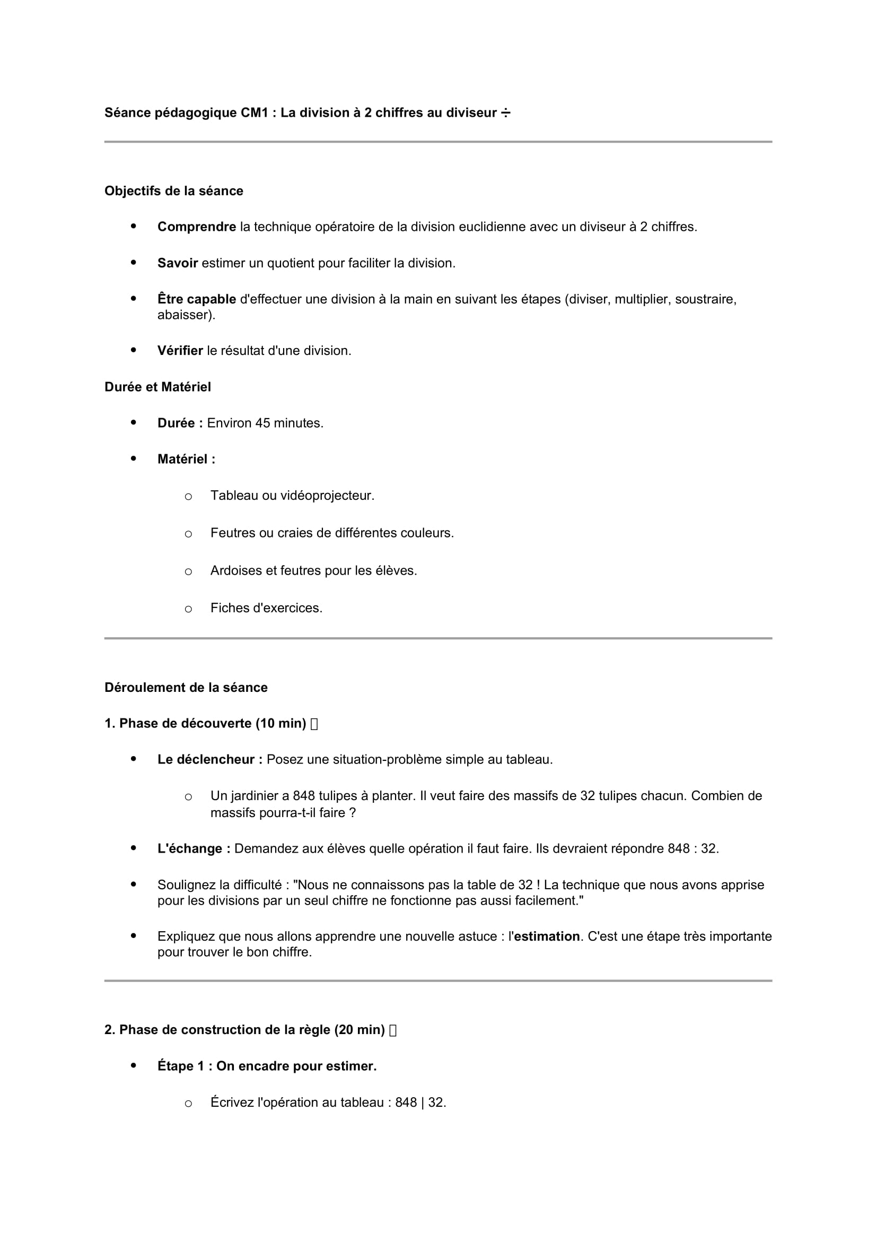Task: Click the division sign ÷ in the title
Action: coord(505,113)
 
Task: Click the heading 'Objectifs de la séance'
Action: coord(173,191)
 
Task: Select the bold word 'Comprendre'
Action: coord(197,227)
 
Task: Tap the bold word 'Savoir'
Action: coord(178,263)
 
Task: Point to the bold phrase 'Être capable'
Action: coord(197,299)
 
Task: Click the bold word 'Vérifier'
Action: coord(180,351)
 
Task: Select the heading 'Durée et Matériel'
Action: coord(157,387)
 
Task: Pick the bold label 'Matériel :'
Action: coord(186,459)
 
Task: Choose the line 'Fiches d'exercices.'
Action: coord(266,608)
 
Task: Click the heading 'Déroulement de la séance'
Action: coord(186,688)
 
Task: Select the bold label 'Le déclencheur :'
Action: coord(209,760)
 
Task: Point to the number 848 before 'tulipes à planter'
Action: coord(303,796)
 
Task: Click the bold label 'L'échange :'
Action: coord(194,849)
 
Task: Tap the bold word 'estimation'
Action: coord(547,936)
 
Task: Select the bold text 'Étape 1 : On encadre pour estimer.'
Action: coord(267,1066)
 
